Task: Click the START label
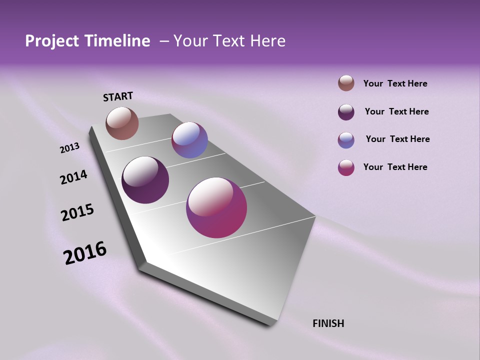point(118,96)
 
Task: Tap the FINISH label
point(328,323)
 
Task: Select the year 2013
point(69,148)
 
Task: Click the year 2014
point(73,177)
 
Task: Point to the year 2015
point(77,212)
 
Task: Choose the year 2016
point(85,253)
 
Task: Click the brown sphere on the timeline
point(122,123)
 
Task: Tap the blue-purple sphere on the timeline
point(189,140)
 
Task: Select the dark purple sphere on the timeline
point(145,180)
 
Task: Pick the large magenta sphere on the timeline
point(216,207)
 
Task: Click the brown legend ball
point(346,83)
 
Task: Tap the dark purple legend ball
point(346,112)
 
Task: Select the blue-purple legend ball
point(346,140)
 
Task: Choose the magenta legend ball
point(346,167)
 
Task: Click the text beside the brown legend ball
point(395,83)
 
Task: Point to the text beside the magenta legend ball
point(395,167)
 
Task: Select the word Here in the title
point(267,41)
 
